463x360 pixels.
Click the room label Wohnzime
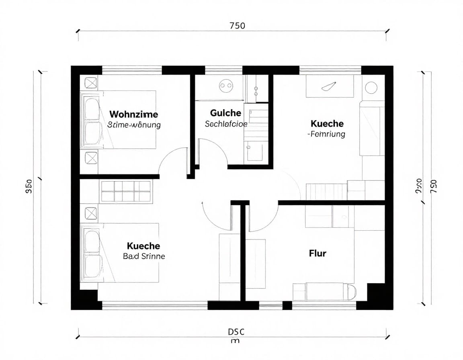[133, 115]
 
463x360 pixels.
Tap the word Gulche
[225, 113]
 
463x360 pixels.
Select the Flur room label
[318, 253]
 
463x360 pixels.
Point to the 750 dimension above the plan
[237, 26]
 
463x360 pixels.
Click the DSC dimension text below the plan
[236, 332]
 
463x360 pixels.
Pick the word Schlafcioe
[225, 124]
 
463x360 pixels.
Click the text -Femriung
[326, 134]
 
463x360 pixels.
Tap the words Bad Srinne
[143, 256]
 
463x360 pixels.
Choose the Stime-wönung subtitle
[134, 125]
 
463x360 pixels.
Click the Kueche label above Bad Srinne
[143, 245]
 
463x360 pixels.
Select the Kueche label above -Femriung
[327, 123]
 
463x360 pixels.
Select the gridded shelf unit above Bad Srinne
[126, 191]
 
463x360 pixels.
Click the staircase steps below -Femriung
[326, 191]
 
